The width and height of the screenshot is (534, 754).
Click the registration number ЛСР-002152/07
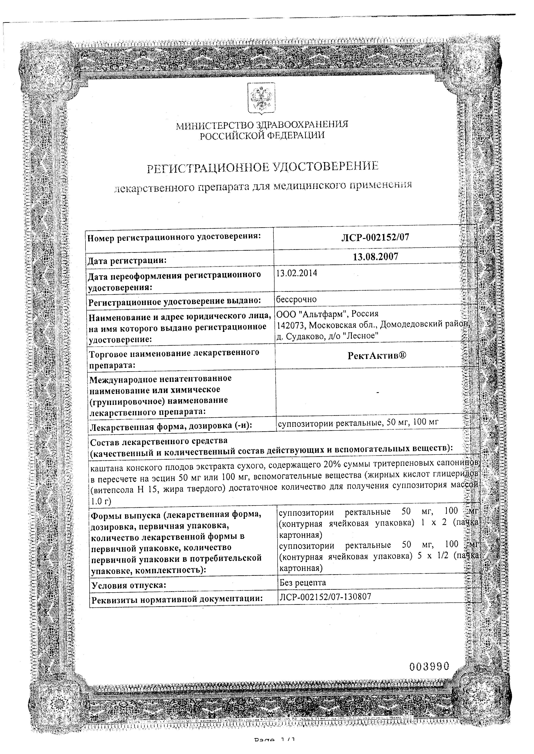(x=375, y=237)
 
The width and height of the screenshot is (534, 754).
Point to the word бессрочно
(x=296, y=299)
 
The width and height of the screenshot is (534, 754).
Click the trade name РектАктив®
(x=377, y=356)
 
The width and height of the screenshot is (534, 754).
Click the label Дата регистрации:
(x=127, y=261)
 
